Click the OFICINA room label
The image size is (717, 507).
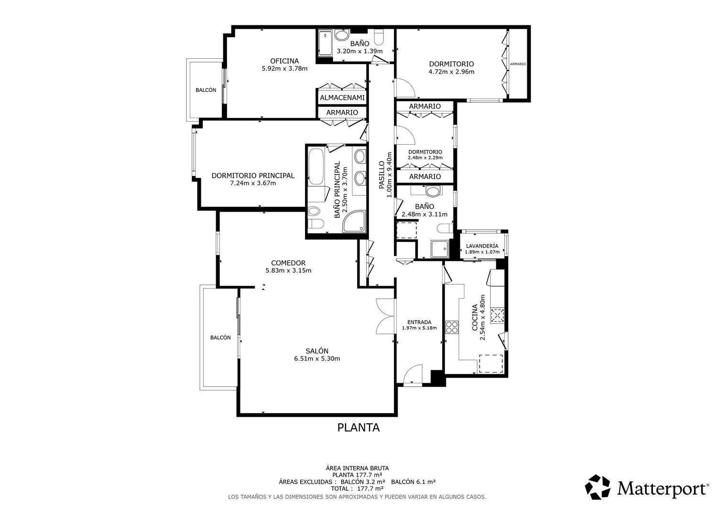[284, 61]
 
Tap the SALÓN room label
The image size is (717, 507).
[317, 351]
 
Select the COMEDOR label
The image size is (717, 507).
[288, 263]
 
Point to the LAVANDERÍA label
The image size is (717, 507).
[482, 246]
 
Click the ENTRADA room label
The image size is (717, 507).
[419, 322]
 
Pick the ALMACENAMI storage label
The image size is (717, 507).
[342, 97]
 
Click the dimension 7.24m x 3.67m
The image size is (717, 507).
[253, 183]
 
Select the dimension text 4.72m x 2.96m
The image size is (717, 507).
[451, 72]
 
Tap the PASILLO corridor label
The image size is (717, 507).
[381, 175]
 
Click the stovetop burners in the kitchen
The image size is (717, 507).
[452, 327]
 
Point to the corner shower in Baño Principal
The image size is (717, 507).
[354, 221]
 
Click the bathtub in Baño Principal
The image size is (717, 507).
[316, 166]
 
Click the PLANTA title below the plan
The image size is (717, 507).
[358, 428]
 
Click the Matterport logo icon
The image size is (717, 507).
[597, 487]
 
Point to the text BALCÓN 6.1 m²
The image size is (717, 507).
[413, 481]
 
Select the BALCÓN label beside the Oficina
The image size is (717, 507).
[206, 90]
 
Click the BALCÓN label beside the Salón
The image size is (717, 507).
[220, 337]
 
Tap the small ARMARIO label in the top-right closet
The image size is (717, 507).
[518, 64]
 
